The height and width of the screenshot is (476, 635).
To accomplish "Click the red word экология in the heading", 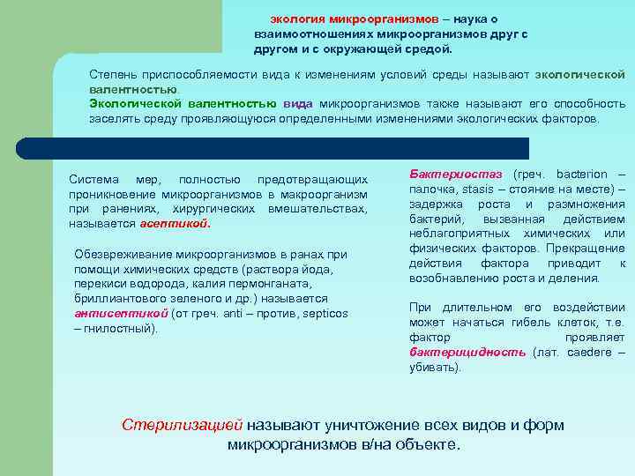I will [x=297, y=19].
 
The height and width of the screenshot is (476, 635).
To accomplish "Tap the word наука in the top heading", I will [x=470, y=19].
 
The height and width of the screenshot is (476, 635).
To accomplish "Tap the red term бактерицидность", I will [x=467, y=353].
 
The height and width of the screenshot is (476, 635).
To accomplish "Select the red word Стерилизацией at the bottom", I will [x=182, y=425].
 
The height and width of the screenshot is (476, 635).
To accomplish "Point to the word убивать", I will [x=434, y=367].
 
